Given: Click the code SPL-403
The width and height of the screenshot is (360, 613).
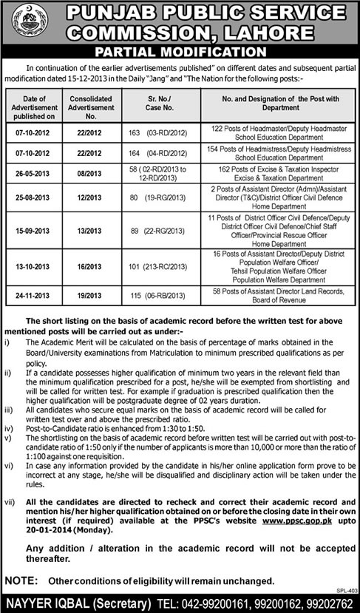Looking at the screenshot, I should point(347,591).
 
